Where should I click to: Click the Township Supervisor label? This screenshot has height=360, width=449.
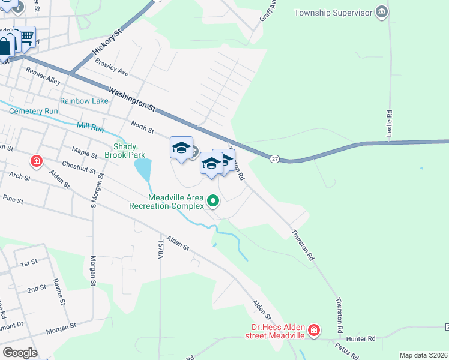click(x=331, y=13)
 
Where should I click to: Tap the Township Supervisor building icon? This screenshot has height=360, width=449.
click(x=381, y=13)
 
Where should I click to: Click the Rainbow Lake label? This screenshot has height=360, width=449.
click(x=84, y=101)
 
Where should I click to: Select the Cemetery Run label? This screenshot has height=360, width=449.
click(x=34, y=111)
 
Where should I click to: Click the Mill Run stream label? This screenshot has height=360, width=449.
click(x=91, y=127)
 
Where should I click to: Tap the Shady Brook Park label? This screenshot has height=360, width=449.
click(x=130, y=151)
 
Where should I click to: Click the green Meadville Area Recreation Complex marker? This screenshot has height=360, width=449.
click(x=213, y=201)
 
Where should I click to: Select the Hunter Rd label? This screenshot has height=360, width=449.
click(x=363, y=339)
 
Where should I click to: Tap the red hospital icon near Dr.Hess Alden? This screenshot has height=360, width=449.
click(x=313, y=330)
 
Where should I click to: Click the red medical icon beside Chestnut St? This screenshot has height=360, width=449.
click(x=37, y=161)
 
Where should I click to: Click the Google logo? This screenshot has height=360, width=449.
click(x=20, y=353)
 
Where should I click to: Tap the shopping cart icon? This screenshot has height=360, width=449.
click(x=26, y=36)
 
